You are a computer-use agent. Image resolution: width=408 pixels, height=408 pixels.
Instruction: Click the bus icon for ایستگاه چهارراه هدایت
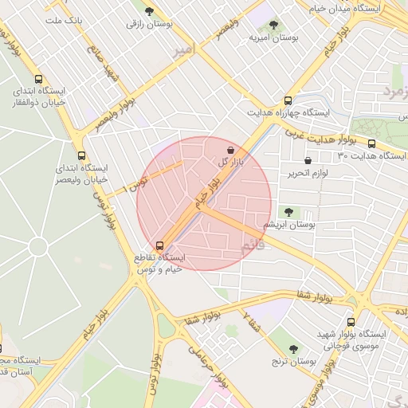[x=288, y=101]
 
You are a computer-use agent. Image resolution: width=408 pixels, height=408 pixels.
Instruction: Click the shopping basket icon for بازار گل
[x=230, y=149]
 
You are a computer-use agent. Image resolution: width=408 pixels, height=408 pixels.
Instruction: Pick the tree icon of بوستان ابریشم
[x=288, y=212]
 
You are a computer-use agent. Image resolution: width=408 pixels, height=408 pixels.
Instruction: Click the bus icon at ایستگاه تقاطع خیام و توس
[x=160, y=245]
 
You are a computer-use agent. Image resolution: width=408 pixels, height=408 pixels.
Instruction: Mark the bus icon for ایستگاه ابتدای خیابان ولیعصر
[x=82, y=156]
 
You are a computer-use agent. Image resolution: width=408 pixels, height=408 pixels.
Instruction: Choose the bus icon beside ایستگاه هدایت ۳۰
[x=371, y=143]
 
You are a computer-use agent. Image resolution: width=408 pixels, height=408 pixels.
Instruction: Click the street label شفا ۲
[x=251, y=324]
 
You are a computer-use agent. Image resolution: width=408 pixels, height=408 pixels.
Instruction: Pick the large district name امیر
[x=182, y=51]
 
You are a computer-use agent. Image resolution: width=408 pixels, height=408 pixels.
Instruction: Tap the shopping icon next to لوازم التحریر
[x=308, y=160]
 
